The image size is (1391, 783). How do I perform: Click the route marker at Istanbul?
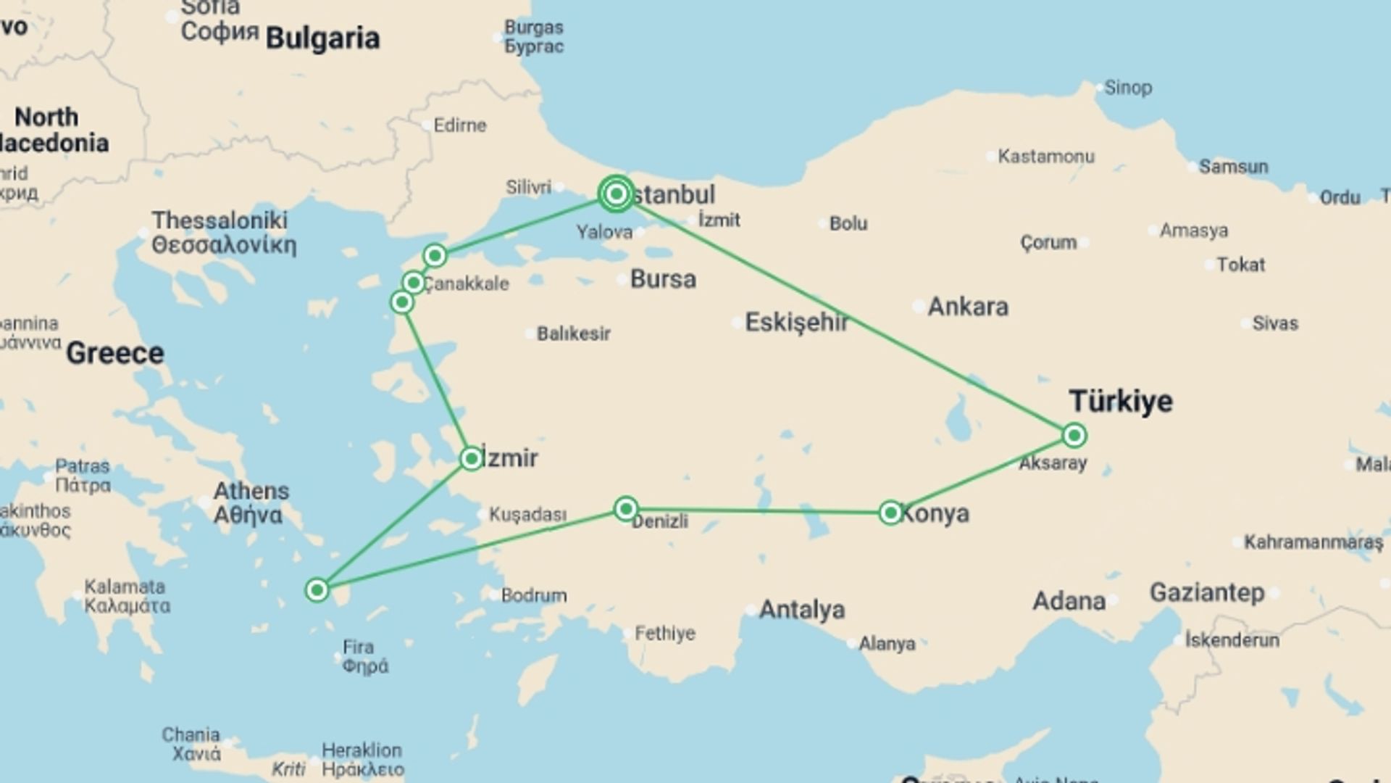[x=616, y=194]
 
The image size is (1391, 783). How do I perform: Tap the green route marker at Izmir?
[x=471, y=458]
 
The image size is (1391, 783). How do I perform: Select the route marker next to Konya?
[x=890, y=513]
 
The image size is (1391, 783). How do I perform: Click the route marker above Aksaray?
[x=1074, y=435]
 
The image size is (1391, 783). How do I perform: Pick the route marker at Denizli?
[x=625, y=508]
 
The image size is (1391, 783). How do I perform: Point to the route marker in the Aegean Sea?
[x=317, y=590]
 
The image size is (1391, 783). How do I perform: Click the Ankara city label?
[x=968, y=307]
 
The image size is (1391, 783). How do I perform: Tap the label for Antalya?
[x=801, y=610]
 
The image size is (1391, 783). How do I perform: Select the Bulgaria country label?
[x=322, y=38]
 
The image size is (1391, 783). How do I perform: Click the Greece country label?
[x=115, y=354]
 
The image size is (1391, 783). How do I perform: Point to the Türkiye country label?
[x=1121, y=401]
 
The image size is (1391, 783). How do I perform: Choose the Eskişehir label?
[x=796, y=322]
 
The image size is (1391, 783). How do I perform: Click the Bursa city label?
[x=663, y=279]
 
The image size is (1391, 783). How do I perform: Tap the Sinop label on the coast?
[x=1128, y=88]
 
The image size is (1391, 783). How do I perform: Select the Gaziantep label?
[x=1207, y=592]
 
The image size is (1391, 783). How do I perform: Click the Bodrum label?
[x=534, y=595]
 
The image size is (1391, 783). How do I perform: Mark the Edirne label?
[x=460, y=125]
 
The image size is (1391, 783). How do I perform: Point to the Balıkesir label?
[x=573, y=333]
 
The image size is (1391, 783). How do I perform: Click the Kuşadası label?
[x=527, y=514]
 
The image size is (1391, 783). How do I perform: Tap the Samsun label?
[x=1233, y=167]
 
